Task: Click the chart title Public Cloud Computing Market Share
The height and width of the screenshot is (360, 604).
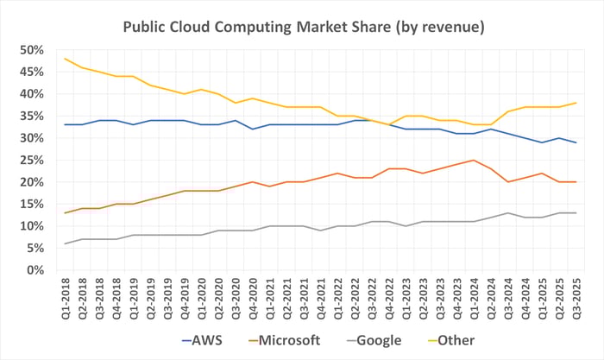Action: pyautogui.click(x=301, y=28)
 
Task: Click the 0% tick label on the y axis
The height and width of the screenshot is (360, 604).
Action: pyautogui.click(x=35, y=270)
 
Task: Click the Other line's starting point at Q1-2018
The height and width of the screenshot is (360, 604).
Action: pyautogui.click(x=66, y=59)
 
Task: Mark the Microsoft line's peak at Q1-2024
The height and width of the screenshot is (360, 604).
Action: pyautogui.click(x=473, y=160)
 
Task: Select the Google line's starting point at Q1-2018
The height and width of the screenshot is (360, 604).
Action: pyautogui.click(x=66, y=243)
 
